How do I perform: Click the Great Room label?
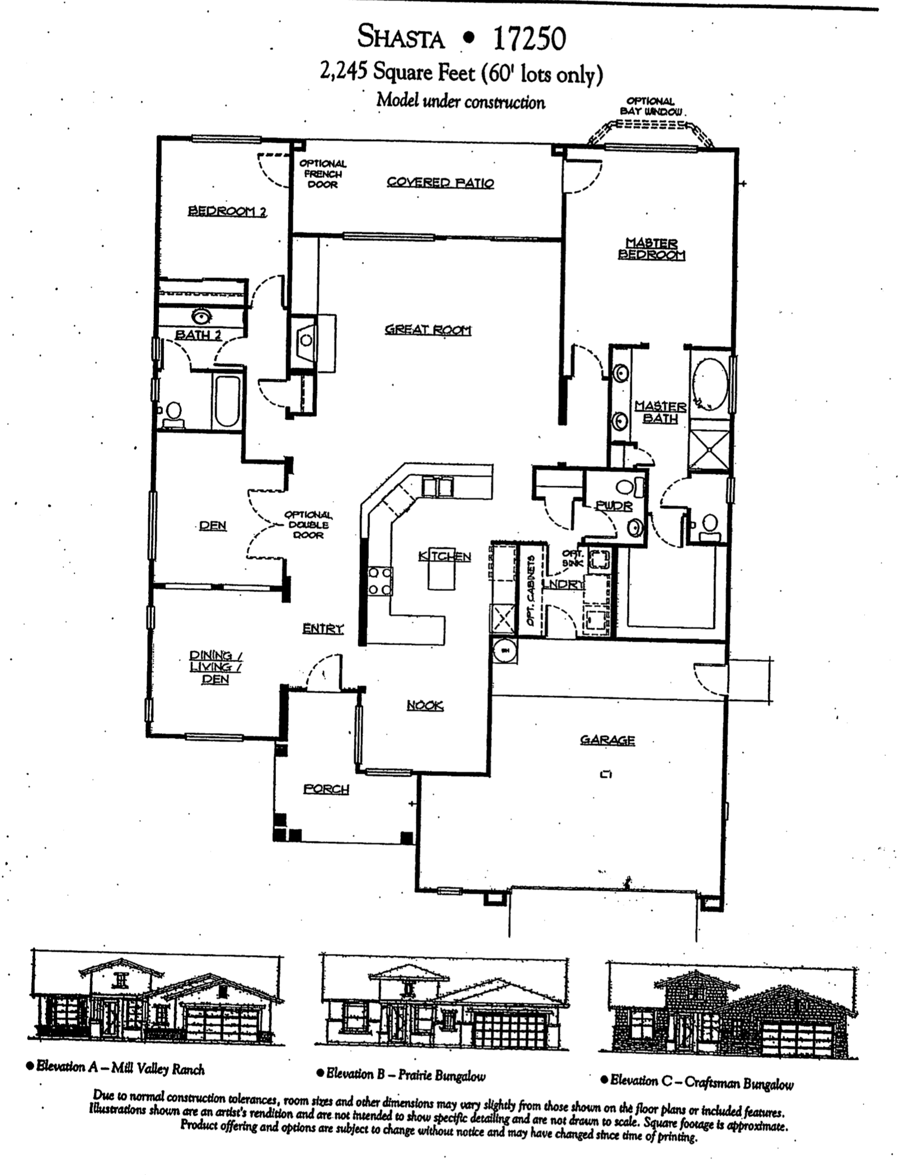pyautogui.click(x=428, y=330)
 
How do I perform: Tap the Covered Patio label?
pyautogui.click(x=440, y=183)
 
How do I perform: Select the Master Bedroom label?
pyautogui.click(x=651, y=250)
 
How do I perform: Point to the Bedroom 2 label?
pyautogui.click(x=227, y=211)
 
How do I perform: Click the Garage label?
pyautogui.click(x=607, y=740)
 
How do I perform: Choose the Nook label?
pyautogui.click(x=425, y=706)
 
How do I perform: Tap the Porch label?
pyautogui.click(x=326, y=789)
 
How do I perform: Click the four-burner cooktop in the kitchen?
pyautogui.click(x=379, y=581)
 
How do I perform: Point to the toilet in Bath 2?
pyautogui.click(x=174, y=412)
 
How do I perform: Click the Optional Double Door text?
pyautogui.click(x=308, y=525)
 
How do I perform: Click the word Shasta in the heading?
pyautogui.click(x=401, y=38)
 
